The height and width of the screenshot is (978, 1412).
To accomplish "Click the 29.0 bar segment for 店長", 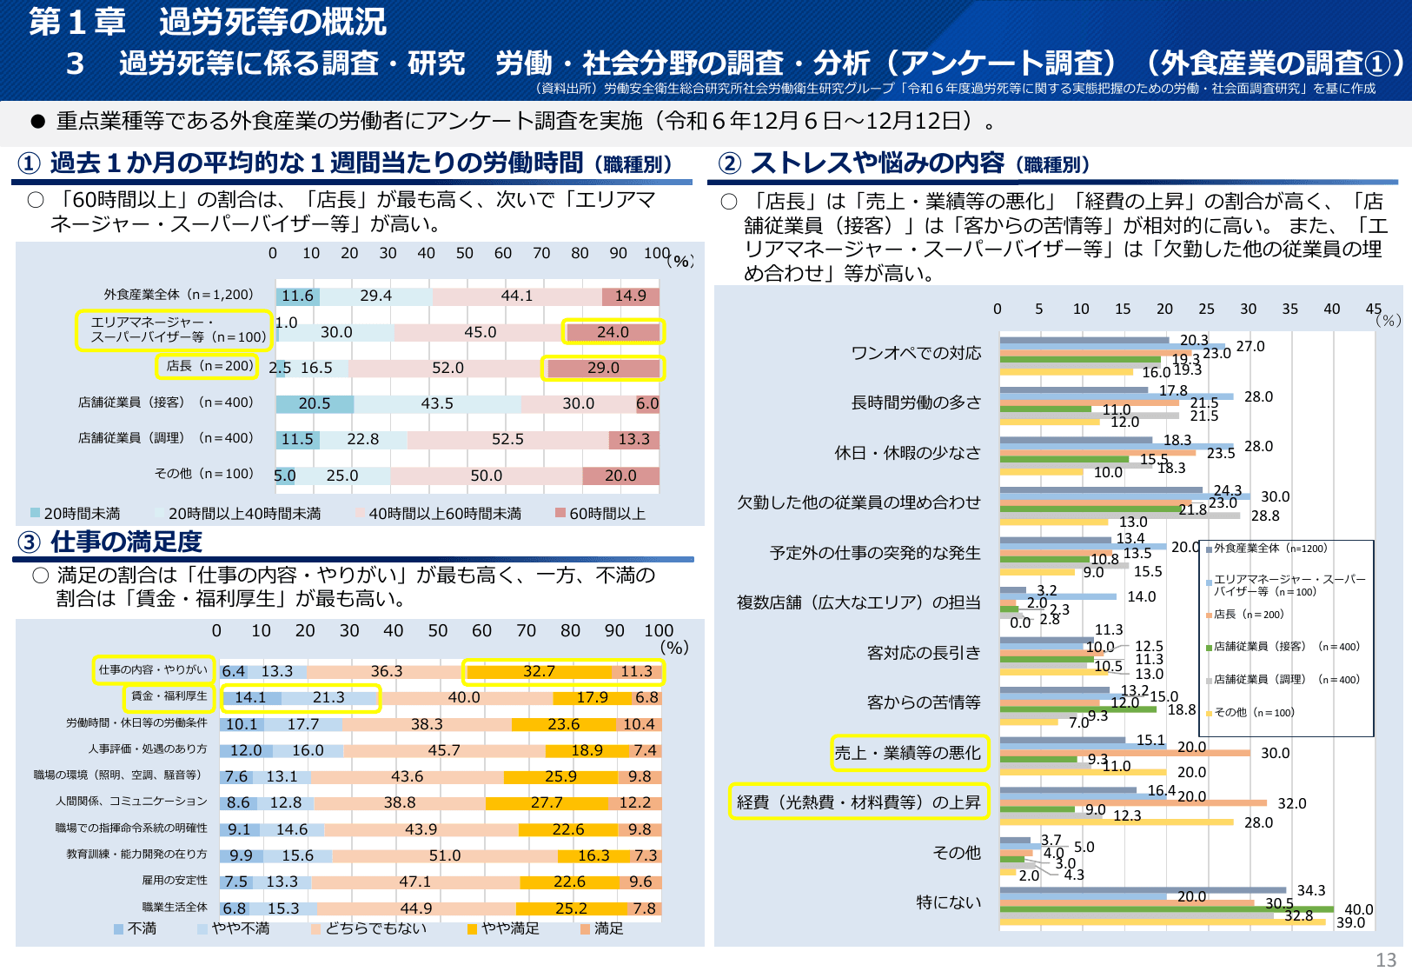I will [603, 368].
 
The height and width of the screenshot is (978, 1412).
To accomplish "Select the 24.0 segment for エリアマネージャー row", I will [613, 332].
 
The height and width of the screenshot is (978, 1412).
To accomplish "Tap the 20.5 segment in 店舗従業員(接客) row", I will [315, 403].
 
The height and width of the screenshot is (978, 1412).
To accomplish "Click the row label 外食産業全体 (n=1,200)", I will [178, 295].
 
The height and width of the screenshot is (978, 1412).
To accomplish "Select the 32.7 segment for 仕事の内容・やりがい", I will [539, 671].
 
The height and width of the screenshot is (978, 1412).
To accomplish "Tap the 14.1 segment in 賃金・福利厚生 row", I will [250, 697].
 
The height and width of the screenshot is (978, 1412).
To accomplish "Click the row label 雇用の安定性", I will [175, 881].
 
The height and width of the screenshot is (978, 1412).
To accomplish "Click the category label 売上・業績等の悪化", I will [907, 753].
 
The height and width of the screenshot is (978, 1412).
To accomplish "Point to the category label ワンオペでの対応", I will [916, 353].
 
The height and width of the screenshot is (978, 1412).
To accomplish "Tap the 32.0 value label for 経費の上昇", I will [1291, 803].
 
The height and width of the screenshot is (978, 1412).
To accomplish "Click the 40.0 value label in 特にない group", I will [1358, 909].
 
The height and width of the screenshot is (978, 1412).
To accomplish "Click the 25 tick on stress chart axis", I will [1206, 309].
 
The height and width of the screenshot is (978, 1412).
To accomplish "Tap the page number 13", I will [1385, 960].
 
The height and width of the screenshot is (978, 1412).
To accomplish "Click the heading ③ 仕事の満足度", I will [110, 542].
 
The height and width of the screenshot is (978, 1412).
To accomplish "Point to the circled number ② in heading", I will [730, 163].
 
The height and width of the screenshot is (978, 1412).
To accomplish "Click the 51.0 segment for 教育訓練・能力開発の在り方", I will [444, 855].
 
